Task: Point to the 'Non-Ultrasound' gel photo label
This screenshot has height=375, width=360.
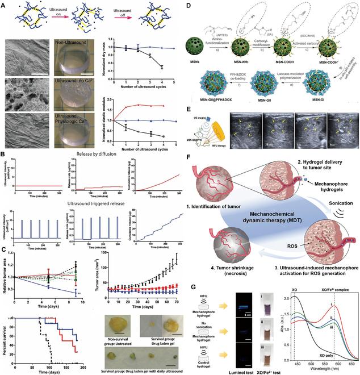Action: point(73,41)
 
